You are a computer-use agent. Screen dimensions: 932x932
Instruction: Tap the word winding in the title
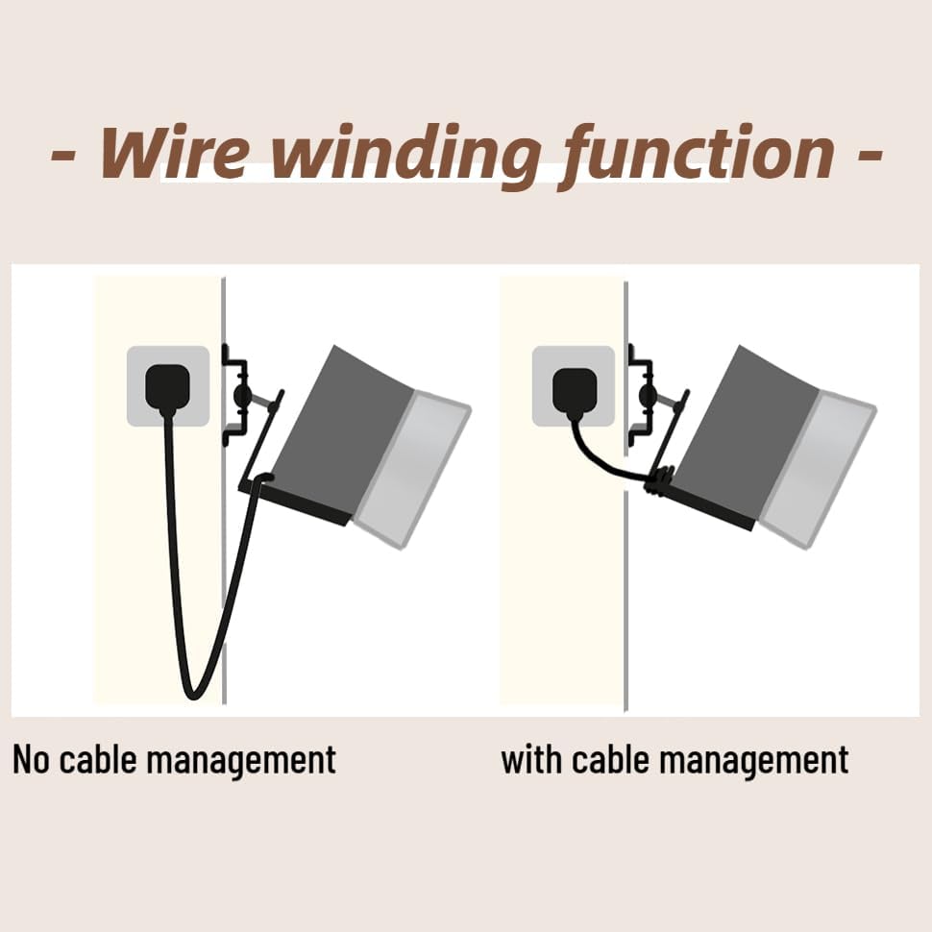click(x=404, y=154)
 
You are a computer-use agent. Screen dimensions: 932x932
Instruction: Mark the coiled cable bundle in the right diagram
click(x=658, y=480)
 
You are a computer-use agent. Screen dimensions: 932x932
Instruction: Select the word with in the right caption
click(x=532, y=759)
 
